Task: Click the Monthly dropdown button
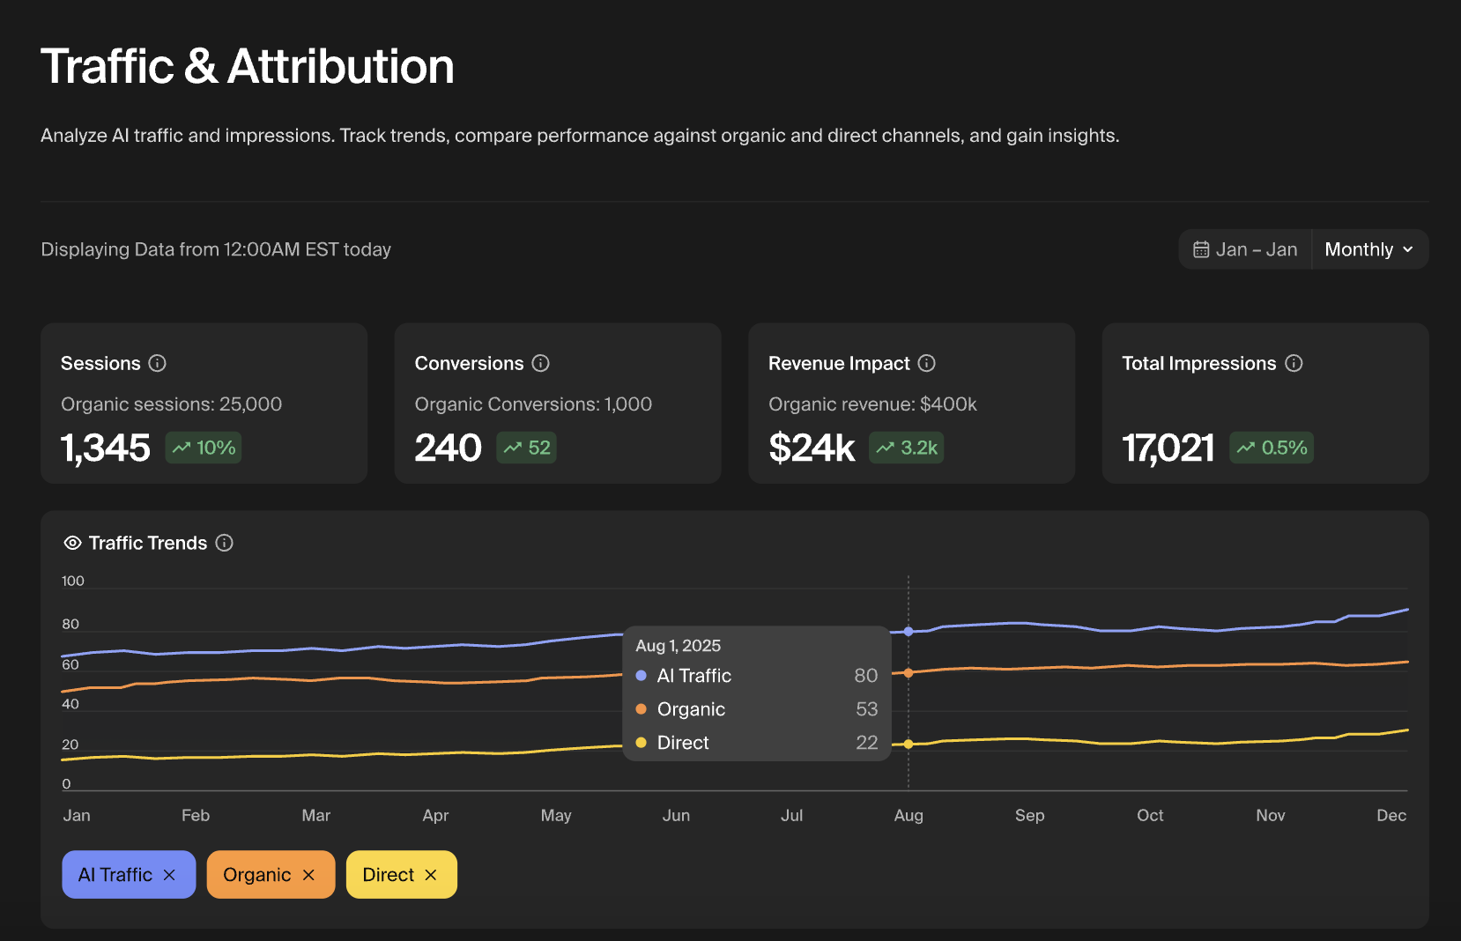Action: coord(1369,249)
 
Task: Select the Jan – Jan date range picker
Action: coord(1245,249)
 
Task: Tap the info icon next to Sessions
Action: coord(158,363)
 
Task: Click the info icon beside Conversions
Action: coord(541,363)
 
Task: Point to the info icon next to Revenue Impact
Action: coord(927,363)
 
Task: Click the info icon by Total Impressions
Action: coord(1294,363)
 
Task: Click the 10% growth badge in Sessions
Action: coord(204,448)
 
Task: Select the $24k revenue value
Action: coord(812,448)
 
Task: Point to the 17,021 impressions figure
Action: coord(1168,448)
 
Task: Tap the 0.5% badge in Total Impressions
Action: coord(1272,448)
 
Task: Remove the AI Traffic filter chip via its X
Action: coord(169,875)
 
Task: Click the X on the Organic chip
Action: coord(308,875)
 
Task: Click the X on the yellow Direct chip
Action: coord(431,875)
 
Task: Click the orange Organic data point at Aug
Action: coord(908,673)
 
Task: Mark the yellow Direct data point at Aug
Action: coord(908,745)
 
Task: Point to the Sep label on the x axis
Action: coord(1029,815)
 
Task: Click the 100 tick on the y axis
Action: coord(73,581)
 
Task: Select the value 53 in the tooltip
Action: coord(866,709)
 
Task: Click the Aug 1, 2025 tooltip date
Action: coord(679,646)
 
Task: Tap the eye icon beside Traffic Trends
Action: coord(73,543)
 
